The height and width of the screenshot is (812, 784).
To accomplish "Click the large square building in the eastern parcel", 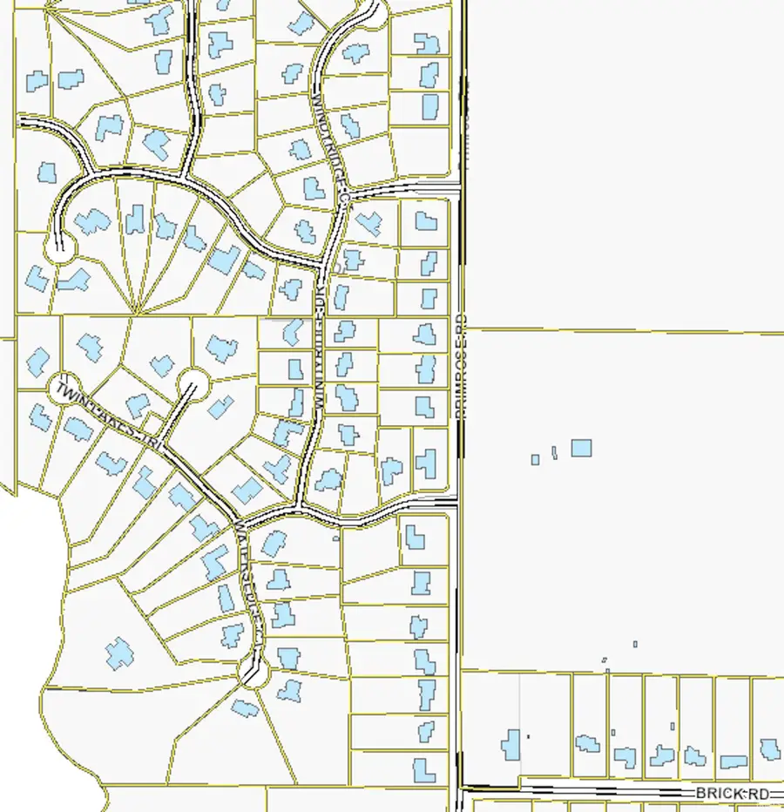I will click(x=581, y=449).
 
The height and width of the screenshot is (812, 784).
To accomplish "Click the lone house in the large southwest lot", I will click(x=119, y=653).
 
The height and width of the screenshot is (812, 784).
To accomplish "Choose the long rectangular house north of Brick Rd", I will click(x=733, y=762).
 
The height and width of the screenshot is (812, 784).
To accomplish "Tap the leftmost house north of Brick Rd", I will click(x=511, y=743).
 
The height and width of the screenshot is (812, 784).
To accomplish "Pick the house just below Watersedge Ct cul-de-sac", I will click(x=245, y=708).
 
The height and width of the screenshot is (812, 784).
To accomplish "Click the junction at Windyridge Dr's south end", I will click(x=298, y=506).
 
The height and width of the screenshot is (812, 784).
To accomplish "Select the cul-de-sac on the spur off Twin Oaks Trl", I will click(x=193, y=383).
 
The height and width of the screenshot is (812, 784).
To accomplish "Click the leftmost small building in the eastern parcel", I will click(x=536, y=459).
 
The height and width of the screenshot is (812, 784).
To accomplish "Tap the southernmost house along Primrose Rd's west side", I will click(x=424, y=770).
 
